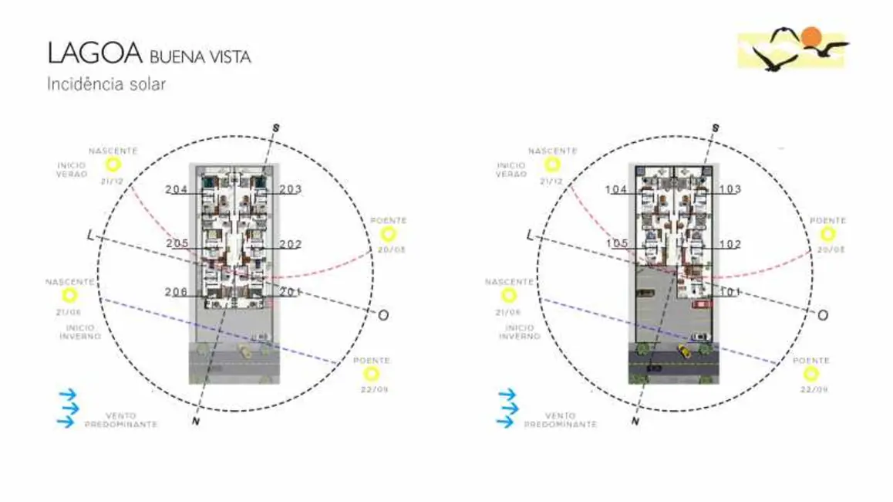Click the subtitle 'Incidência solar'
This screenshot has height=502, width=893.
pos(106,83)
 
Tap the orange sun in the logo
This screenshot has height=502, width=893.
pos(810,36)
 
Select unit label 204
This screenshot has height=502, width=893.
pos(177,189)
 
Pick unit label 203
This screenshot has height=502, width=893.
pos(291,189)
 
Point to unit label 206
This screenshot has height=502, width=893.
pos(177,291)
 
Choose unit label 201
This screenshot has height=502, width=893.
pos(291,291)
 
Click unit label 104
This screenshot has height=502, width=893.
pos(616,189)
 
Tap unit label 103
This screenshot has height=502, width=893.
pos(730,189)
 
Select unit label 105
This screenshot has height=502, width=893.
pos(616,243)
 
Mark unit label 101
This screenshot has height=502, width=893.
pos(730,291)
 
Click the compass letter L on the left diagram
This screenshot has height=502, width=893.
pos(91,235)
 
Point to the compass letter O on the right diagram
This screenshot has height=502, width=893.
pos(823,315)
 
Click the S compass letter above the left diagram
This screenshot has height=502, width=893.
pos(276,127)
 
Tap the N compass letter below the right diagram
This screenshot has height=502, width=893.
pos(634,422)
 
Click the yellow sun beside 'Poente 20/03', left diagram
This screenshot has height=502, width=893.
pos(388,234)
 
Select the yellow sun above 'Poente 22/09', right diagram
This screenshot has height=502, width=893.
pos(810,374)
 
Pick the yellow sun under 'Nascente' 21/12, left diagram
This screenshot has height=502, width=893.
pos(113,165)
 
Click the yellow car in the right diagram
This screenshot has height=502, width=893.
pos(682,351)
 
